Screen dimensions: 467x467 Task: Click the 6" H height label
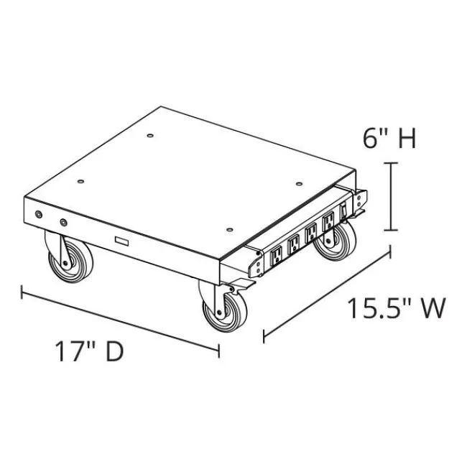point(389,139)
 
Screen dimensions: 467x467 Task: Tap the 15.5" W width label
point(397,308)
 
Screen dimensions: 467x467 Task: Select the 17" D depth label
point(89,351)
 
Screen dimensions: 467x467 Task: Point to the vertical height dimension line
point(391,197)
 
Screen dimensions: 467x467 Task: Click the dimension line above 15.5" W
point(327,295)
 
